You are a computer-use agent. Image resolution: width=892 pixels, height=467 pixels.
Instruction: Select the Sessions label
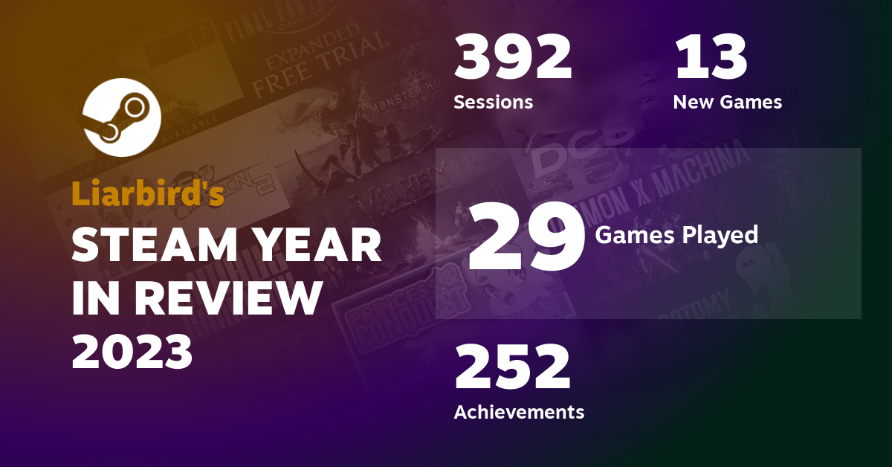(x=493, y=102)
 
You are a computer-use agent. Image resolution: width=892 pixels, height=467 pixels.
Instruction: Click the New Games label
(x=727, y=102)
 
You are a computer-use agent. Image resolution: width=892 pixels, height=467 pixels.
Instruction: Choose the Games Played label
(x=676, y=235)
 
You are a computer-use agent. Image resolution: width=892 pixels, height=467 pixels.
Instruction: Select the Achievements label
(x=519, y=411)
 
